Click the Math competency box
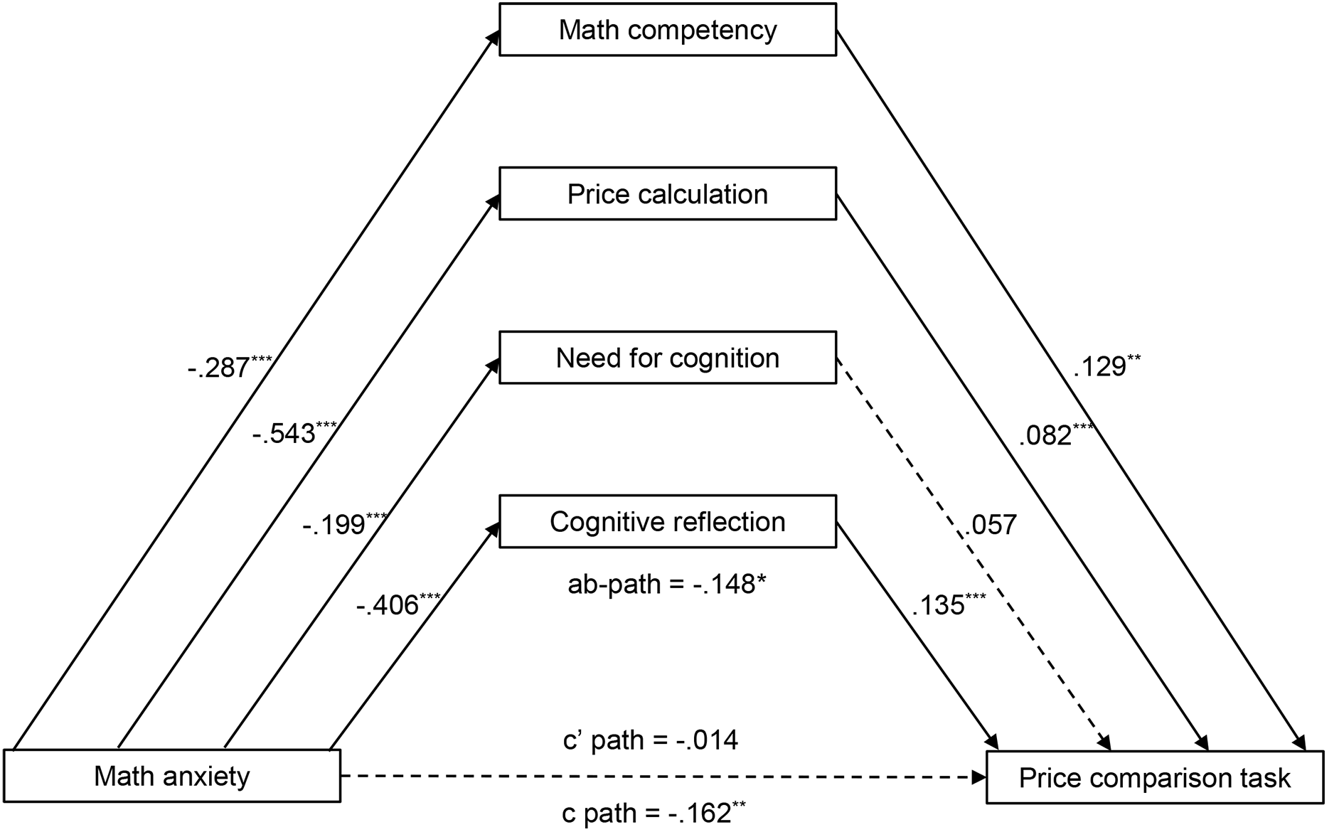[667, 30]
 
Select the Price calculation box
[667, 193]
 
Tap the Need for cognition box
[667, 358]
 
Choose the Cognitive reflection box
[667, 521]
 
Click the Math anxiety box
[172, 776]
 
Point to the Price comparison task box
[1155, 777]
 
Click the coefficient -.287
[230, 366]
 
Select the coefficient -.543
[294, 432]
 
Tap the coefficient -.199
[345, 525]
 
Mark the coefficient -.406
[398, 604]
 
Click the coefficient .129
[1107, 366]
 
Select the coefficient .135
[949, 604]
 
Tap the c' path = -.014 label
[651, 740]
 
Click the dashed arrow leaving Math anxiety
[663, 777]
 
